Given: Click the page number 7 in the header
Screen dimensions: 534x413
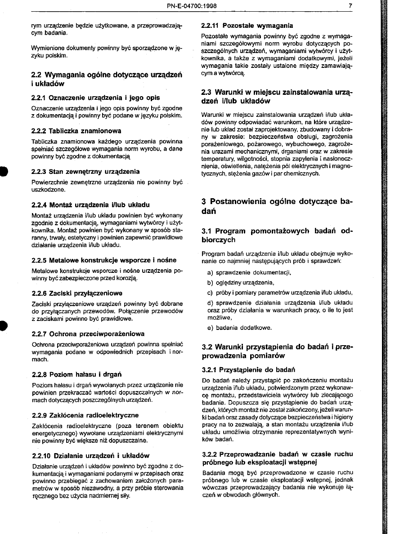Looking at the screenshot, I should pyautogui.click(x=349, y=6).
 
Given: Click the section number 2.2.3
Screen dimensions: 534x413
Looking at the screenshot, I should pyautogui.click(x=40, y=172).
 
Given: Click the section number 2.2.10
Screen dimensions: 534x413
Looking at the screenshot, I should pyautogui.click(x=41, y=455).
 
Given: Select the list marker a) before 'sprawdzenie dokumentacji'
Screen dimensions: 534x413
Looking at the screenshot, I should pyautogui.click(x=210, y=272).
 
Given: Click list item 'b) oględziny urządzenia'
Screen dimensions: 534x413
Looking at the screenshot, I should pyautogui.click(x=241, y=283).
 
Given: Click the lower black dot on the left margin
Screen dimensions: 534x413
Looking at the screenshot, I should pyautogui.click(x=2, y=325).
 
